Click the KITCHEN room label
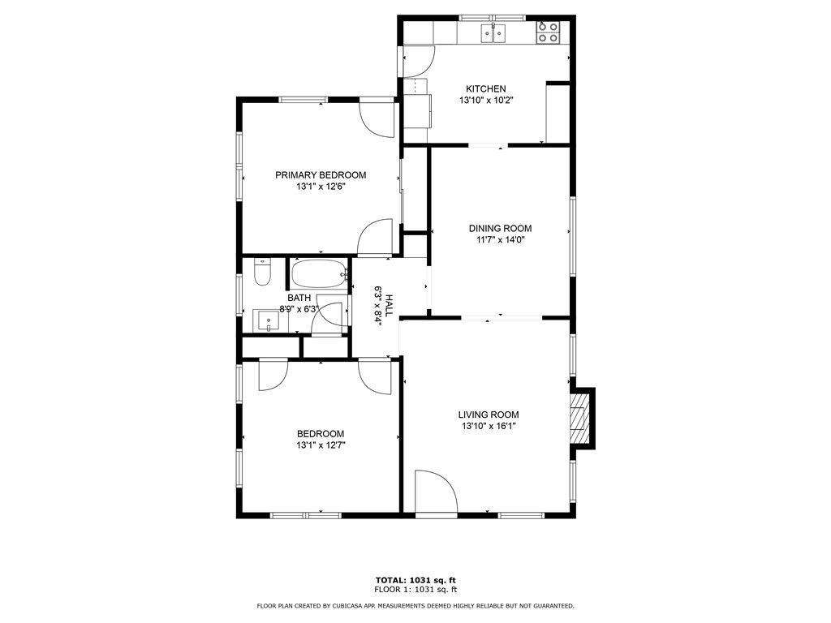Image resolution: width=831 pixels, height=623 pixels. [485, 89]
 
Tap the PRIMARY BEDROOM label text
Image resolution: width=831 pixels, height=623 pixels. [321, 175]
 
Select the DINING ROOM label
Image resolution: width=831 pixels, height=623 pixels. [500, 228]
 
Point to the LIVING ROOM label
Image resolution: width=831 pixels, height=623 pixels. [488, 415]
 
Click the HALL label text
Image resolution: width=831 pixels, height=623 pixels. [390, 306]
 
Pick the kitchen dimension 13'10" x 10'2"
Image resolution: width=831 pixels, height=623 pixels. [486, 100]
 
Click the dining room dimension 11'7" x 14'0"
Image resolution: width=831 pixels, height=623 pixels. [500, 239]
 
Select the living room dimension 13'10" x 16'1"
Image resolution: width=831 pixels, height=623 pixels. [488, 426]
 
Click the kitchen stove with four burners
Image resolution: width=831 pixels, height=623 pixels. [548, 32]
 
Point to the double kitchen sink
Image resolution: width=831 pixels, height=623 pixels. [493, 32]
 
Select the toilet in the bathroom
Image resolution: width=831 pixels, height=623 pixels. [262, 272]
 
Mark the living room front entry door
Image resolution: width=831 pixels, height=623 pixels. [436, 491]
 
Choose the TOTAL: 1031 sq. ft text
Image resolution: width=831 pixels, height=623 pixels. [415, 580]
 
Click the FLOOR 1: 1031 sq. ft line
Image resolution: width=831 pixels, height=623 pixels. [415, 589]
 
